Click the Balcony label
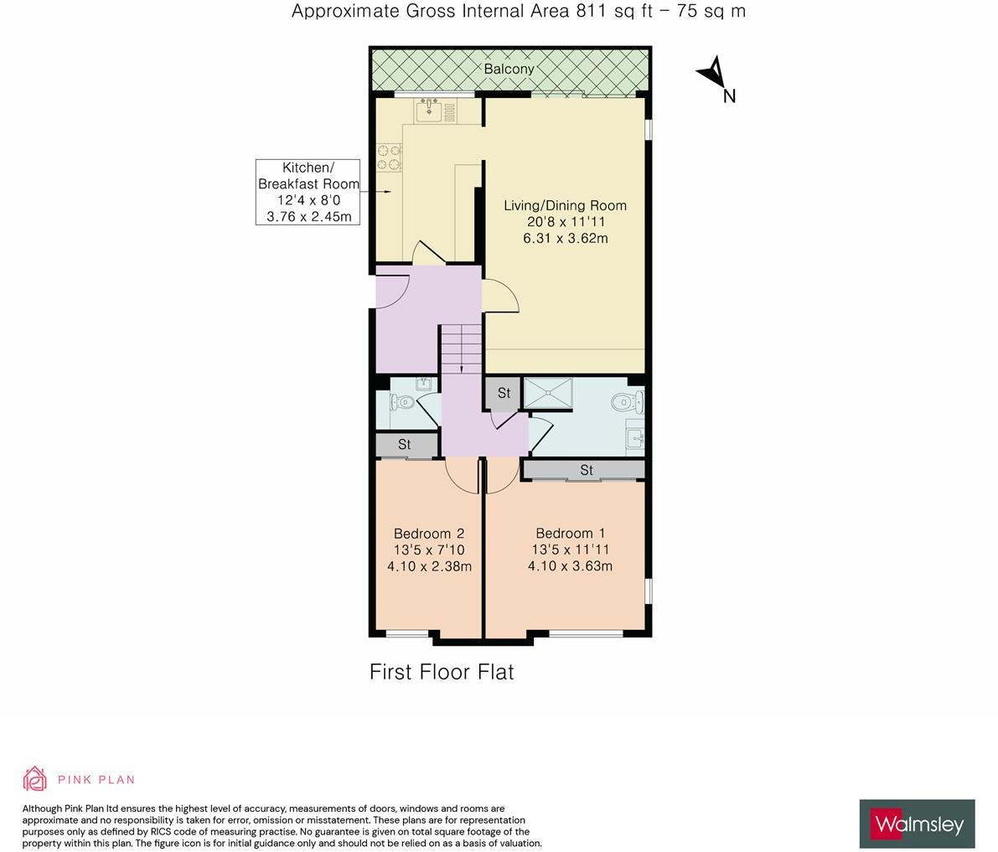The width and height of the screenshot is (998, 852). point(509,69)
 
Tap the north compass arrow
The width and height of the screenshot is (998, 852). point(713,73)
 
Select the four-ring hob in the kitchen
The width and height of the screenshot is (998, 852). point(389,157)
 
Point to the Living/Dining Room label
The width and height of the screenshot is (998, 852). point(565,205)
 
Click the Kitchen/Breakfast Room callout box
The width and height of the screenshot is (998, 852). point(308,192)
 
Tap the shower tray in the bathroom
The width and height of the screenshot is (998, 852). point(548,392)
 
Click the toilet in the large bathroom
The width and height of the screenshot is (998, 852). point(627,403)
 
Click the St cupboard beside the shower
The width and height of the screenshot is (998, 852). point(504,393)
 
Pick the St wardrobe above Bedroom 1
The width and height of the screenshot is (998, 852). point(585,470)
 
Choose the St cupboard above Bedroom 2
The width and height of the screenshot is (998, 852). point(405,445)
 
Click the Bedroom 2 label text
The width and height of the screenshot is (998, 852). point(429,534)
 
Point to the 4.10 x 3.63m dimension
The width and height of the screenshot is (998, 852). point(570,566)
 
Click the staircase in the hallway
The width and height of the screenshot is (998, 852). point(461,347)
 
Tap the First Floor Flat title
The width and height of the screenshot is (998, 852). point(442,672)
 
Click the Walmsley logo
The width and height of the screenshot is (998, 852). point(917,824)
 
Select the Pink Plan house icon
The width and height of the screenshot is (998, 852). point(35,778)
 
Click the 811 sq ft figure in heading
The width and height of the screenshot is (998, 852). point(612,11)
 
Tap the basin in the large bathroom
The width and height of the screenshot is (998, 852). point(635,437)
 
